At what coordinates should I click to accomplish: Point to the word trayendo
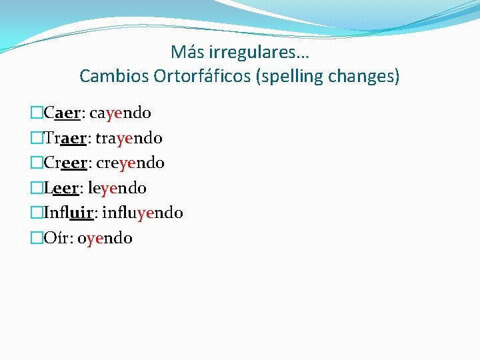click(x=129, y=139)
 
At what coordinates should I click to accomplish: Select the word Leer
click(x=61, y=188)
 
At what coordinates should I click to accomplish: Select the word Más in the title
click(x=187, y=52)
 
